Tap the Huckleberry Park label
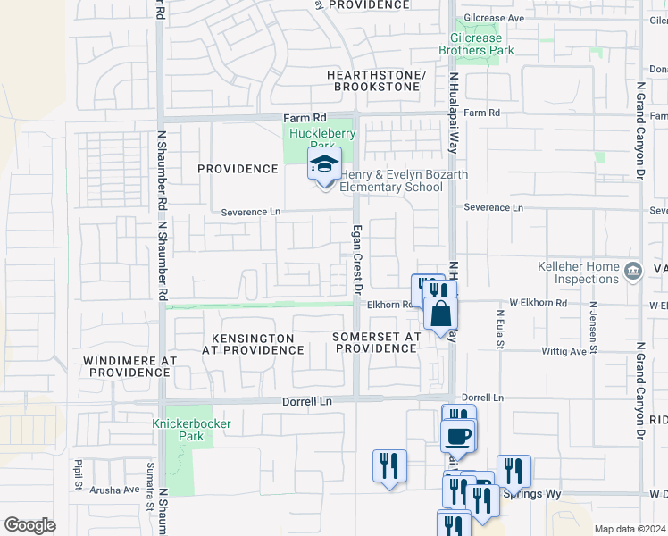[321, 139]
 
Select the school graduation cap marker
[324, 163]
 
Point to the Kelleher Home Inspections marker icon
[633, 270]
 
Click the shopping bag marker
[441, 314]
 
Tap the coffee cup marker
[458, 435]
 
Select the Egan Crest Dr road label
[358, 259]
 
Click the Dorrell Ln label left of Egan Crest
[306, 402]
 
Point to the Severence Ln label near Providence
[251, 213]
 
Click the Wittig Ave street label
[564, 351]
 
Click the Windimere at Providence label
[129, 365]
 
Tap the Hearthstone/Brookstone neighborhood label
[376, 80]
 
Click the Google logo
[29, 525]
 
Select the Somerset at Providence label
[375, 342]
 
